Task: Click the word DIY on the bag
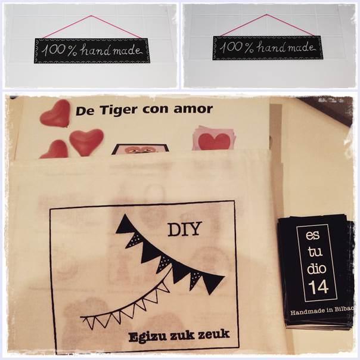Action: tap(185, 229)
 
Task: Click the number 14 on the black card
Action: tap(318, 287)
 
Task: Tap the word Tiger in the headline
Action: tap(119, 110)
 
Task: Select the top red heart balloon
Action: tap(55, 114)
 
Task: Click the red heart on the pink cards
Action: tap(214, 141)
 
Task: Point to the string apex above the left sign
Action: tap(91, 15)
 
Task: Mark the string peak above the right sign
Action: tap(266, 14)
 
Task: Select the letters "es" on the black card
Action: tap(312, 236)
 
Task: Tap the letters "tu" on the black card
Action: tap(315, 252)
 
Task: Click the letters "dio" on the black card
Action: tap(316, 268)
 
